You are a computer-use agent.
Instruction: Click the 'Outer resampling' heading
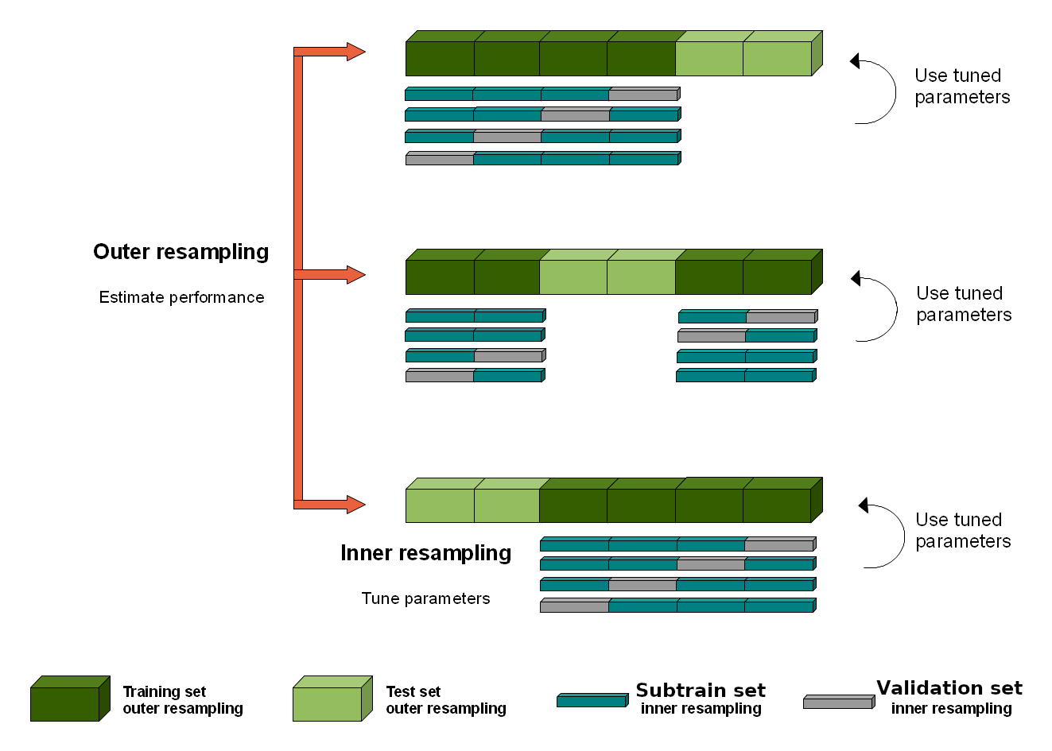(181, 252)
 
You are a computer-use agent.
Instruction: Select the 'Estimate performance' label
(181, 297)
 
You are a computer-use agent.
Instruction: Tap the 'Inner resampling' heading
(425, 553)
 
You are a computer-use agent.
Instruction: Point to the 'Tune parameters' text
(425, 598)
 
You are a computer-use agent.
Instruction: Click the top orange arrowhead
(355, 52)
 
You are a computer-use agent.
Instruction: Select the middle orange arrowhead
(355, 275)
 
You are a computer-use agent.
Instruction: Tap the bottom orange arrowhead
(355, 504)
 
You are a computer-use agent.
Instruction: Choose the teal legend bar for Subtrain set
(592, 700)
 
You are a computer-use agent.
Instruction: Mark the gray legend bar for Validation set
(838, 702)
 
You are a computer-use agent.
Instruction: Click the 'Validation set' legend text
(949, 688)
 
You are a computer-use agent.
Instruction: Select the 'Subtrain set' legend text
(701, 691)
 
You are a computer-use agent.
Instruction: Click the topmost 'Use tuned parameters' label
(962, 87)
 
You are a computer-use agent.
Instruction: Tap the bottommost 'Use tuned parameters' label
(963, 531)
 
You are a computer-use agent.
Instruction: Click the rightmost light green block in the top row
(778, 58)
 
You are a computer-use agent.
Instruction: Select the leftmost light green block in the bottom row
(440, 505)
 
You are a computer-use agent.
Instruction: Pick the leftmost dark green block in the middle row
(440, 277)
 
